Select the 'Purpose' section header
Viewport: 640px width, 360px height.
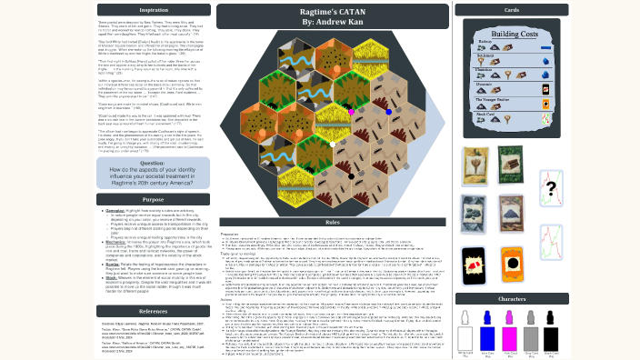tap(153, 199)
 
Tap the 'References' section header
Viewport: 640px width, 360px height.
tap(153, 311)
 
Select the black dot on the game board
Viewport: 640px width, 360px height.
tap(351, 175)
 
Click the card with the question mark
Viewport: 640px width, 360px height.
tap(552, 189)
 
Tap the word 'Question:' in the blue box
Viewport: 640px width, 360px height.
tap(153, 164)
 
